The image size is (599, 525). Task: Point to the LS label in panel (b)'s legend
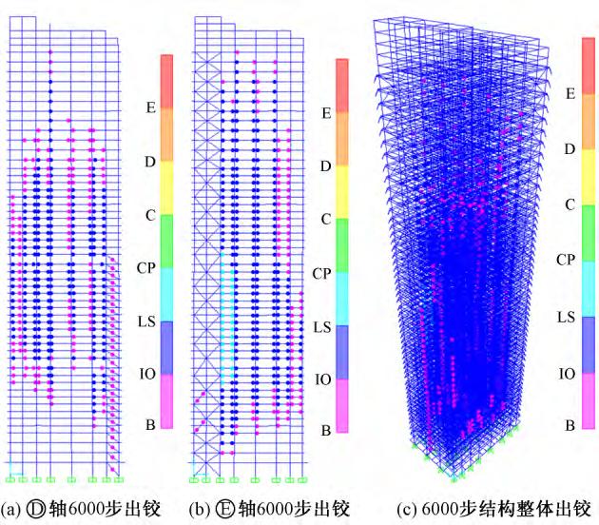[x=322, y=326]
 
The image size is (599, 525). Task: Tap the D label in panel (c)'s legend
[x=570, y=149]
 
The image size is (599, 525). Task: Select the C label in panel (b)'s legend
[x=325, y=219]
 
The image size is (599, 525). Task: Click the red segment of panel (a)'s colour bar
[x=166, y=81]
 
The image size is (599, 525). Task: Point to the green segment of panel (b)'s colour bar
[x=342, y=245]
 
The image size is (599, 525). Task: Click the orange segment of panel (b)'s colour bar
[x=342, y=138]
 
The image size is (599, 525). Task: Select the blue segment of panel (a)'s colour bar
[x=166, y=347]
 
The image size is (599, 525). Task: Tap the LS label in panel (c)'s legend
[x=569, y=316]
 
